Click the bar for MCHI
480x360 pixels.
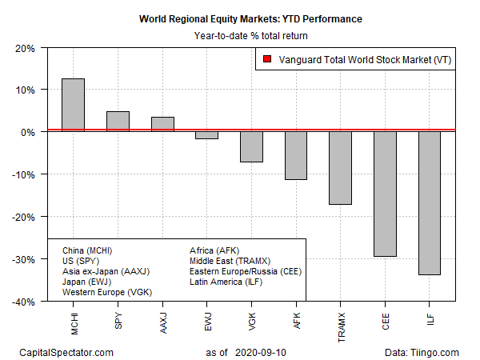pyautogui.click(x=74, y=104)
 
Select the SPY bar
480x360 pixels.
pyautogui.click(x=118, y=121)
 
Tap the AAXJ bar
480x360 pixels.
pyautogui.click(x=162, y=124)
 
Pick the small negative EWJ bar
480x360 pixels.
pyautogui.click(x=207, y=134)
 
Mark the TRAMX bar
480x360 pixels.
pyautogui.click(x=341, y=167)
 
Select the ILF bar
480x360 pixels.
pyautogui.click(x=430, y=203)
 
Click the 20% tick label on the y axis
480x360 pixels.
pyautogui.click(x=24, y=47)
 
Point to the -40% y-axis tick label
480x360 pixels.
pyautogui.click(x=22, y=302)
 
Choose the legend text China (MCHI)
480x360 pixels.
pyautogui.click(x=88, y=250)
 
